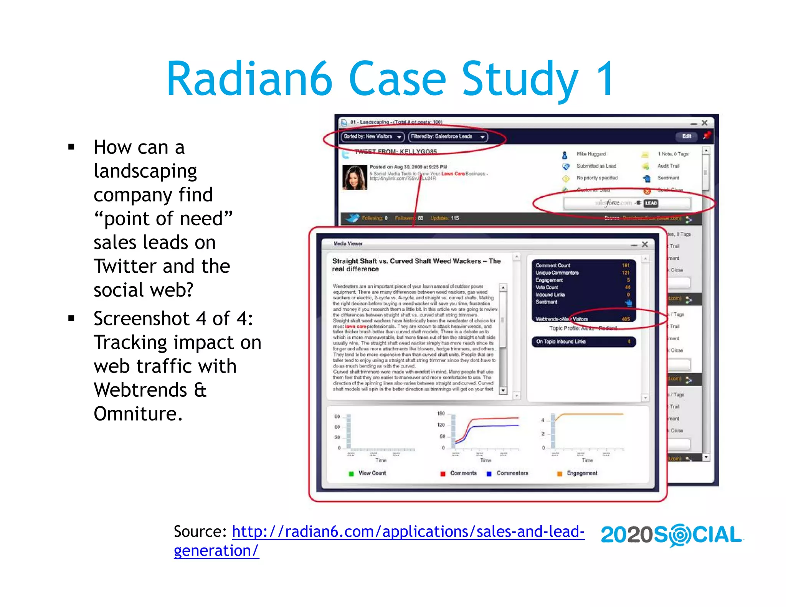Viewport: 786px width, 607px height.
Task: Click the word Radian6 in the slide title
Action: (249, 79)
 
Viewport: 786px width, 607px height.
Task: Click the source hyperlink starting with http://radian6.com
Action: (408, 532)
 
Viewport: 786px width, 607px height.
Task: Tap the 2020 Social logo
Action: (671, 535)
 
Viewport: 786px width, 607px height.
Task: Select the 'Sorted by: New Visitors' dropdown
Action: (372, 137)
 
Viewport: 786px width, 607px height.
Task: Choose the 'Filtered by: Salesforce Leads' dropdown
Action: (447, 137)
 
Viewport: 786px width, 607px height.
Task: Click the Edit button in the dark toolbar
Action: (687, 136)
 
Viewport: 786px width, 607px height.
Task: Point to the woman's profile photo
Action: (355, 178)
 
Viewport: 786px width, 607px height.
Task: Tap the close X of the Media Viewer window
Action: (645, 244)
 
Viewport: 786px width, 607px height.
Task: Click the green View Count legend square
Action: (351, 474)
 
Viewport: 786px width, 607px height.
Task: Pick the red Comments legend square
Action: (443, 474)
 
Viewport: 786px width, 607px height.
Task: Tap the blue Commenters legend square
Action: (489, 474)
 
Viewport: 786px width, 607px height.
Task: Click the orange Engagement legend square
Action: (560, 474)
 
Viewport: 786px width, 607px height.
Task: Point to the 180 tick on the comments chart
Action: (441, 414)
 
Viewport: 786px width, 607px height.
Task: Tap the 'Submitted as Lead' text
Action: (596, 166)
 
